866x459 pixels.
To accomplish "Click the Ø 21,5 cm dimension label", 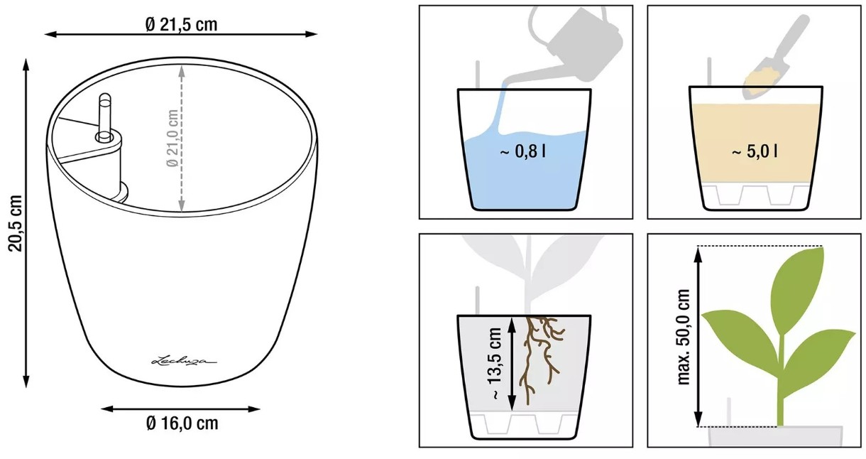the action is (x=181, y=24).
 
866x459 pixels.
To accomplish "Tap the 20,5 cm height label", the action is (x=16, y=224).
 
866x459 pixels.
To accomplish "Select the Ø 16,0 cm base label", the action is (x=182, y=423).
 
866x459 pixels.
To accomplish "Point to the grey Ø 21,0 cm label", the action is (x=172, y=138).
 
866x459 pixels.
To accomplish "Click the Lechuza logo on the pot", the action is (x=184, y=361).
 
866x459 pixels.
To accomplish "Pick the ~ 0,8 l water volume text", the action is (x=522, y=152).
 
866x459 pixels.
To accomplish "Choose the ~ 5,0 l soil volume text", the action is (x=755, y=151).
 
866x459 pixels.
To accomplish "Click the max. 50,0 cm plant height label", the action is (x=684, y=337).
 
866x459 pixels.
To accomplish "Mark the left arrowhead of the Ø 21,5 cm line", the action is (x=51, y=34).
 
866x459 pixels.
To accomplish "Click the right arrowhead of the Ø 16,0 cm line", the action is (x=253, y=409).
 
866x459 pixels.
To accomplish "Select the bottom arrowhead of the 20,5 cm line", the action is (x=26, y=382).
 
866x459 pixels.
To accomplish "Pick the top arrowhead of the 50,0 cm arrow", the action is (x=698, y=254).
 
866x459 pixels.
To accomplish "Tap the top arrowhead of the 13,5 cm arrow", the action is (x=512, y=325).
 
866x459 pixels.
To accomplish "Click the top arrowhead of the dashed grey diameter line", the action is (x=182, y=70).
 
